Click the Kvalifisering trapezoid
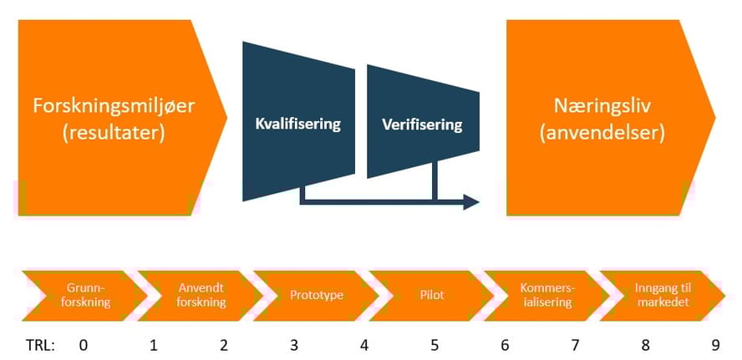(x=298, y=124)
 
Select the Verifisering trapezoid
(x=422, y=124)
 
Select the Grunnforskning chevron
(x=79, y=294)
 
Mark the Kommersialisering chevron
(x=546, y=294)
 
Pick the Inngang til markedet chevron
(x=662, y=294)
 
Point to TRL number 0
(x=82, y=342)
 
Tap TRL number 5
(x=435, y=342)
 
